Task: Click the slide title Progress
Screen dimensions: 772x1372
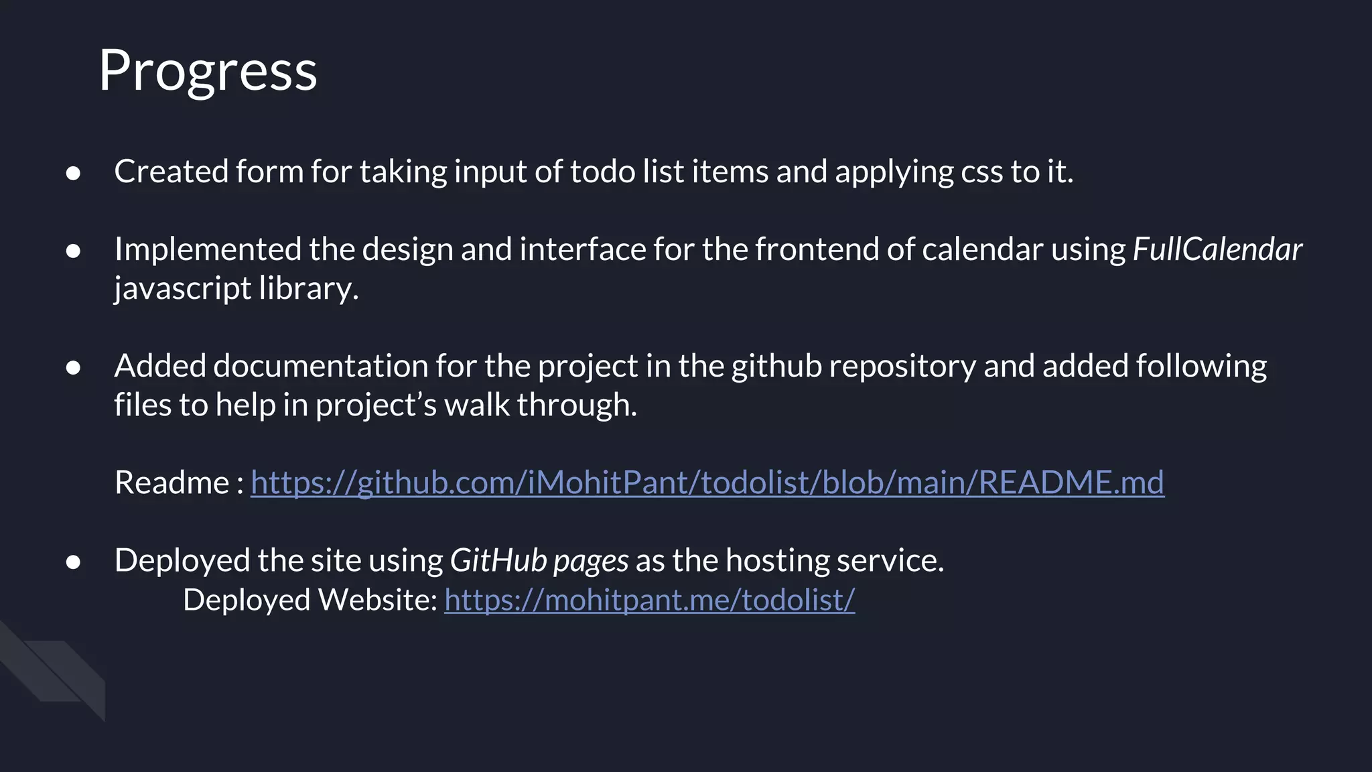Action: [x=208, y=71]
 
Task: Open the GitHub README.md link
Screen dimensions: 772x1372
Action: [x=707, y=482]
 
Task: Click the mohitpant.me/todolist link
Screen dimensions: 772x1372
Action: [x=649, y=600]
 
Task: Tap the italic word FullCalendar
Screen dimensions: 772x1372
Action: [x=1217, y=249]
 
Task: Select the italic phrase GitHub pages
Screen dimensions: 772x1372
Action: [x=539, y=560]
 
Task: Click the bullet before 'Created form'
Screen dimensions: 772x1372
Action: [x=74, y=174]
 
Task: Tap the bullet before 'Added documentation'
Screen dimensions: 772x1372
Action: [x=74, y=368]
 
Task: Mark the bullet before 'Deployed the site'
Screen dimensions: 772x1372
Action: [x=74, y=562]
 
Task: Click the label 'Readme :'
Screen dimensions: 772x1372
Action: [x=179, y=482]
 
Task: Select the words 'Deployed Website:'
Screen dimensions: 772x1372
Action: [x=310, y=600]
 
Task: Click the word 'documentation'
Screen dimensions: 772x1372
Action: [x=320, y=367]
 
